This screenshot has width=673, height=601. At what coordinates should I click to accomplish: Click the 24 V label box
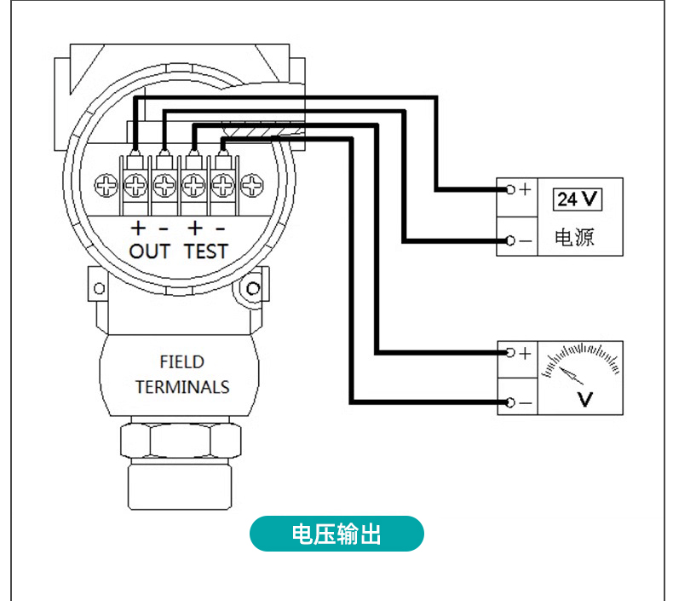[x=578, y=199]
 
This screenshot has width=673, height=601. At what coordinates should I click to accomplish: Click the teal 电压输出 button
[x=336, y=534]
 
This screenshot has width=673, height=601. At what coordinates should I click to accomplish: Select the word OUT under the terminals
[x=150, y=251]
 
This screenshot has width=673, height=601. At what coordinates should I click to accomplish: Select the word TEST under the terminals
[x=206, y=251]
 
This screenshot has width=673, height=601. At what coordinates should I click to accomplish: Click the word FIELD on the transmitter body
[x=181, y=361]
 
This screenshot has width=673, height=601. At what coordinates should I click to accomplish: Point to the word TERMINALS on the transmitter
[x=182, y=387]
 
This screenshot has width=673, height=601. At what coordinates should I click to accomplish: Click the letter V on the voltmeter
[x=585, y=398]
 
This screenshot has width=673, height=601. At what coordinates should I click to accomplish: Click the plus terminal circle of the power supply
[x=509, y=189]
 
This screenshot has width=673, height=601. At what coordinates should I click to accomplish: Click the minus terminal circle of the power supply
[x=509, y=240]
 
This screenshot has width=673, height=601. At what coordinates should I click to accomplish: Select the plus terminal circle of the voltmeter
[x=509, y=352]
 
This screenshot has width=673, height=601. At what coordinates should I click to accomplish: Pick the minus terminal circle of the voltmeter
[x=509, y=402]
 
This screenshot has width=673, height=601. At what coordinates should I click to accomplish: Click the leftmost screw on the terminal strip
[x=106, y=184]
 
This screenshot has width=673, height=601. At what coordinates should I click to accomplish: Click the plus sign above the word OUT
[x=138, y=228]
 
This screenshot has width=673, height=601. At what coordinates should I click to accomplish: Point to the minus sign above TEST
[x=220, y=228]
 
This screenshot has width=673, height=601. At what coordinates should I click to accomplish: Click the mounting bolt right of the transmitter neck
[x=252, y=289]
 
